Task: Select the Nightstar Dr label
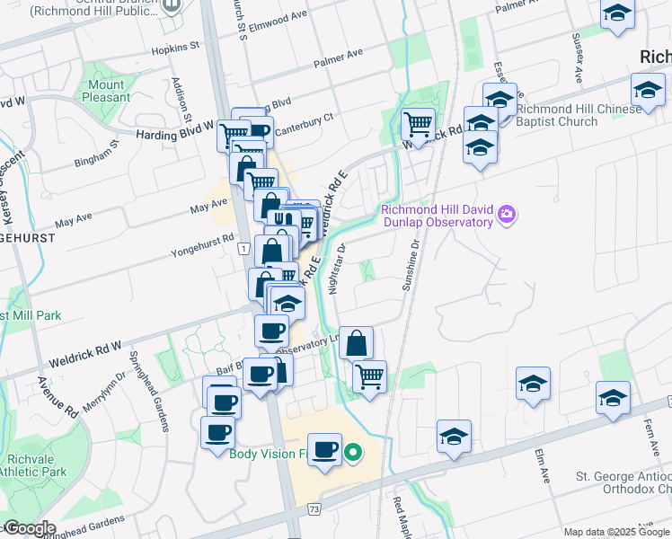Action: point(338,267)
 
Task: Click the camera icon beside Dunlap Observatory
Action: point(508,214)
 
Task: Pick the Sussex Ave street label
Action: point(578,50)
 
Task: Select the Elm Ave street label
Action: point(541,467)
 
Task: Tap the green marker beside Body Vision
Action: point(354,454)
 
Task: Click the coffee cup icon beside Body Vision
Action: point(325,448)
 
